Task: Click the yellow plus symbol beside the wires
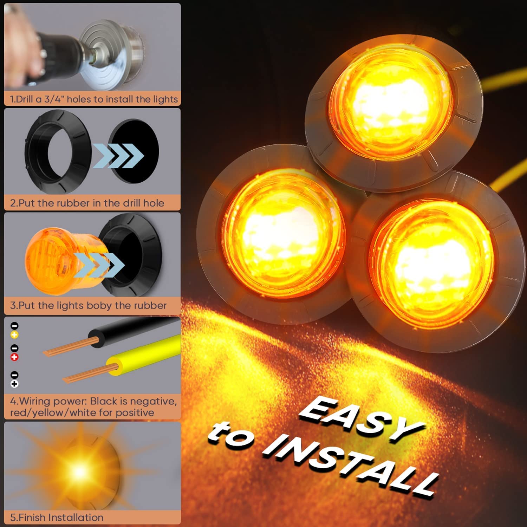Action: click(x=14, y=335)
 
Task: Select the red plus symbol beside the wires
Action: click(x=14, y=357)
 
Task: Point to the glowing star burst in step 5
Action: click(x=79, y=471)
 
